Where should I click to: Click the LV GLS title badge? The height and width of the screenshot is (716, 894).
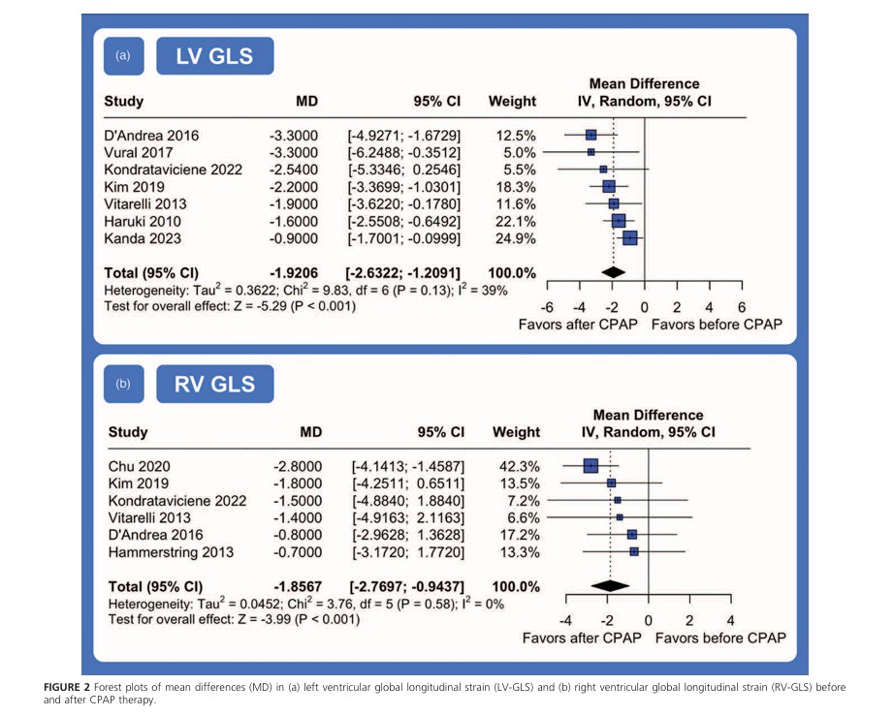214,56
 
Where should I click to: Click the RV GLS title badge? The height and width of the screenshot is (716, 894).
214,384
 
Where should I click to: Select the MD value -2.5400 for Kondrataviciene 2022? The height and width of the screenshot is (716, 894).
296,169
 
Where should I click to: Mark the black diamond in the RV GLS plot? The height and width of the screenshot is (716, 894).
610,586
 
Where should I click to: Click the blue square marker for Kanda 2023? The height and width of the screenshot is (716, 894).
630,237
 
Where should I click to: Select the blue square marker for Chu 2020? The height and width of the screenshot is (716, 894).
591,465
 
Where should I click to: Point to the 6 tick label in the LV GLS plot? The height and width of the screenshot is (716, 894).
742,307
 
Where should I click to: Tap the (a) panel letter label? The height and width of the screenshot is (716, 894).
122,55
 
